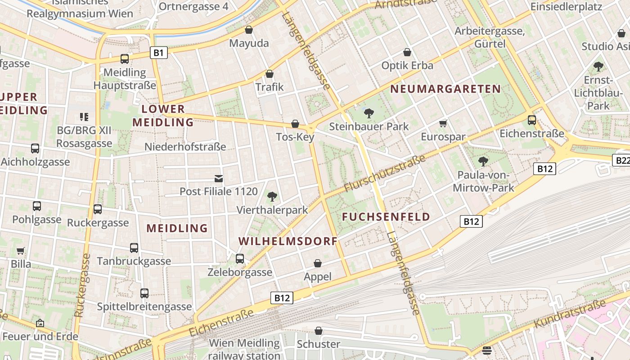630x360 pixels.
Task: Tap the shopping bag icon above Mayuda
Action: tap(248, 30)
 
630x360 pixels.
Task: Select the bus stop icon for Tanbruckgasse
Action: tap(134, 248)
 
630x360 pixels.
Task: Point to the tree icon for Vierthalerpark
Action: tap(272, 197)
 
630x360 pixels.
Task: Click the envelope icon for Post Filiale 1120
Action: tap(219, 179)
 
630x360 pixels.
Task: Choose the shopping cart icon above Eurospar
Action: tap(443, 123)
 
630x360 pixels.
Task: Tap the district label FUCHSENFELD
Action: tap(386, 217)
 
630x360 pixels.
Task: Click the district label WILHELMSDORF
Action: tap(288, 241)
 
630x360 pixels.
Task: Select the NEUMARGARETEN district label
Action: tap(445, 89)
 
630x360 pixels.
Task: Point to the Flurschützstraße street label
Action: tap(385, 173)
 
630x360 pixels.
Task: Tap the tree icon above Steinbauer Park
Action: tap(369, 113)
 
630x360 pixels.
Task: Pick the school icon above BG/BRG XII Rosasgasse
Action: tap(84, 117)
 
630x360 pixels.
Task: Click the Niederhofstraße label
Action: tap(185, 147)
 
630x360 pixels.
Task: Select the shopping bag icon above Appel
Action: tap(318, 263)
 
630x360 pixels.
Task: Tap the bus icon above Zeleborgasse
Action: tap(240, 259)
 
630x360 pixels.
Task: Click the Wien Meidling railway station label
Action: tap(244, 349)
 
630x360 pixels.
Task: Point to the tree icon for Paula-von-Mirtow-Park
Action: tap(483, 161)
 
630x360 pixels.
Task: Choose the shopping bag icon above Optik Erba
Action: tap(407, 52)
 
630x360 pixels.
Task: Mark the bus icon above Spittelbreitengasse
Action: tap(144, 293)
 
